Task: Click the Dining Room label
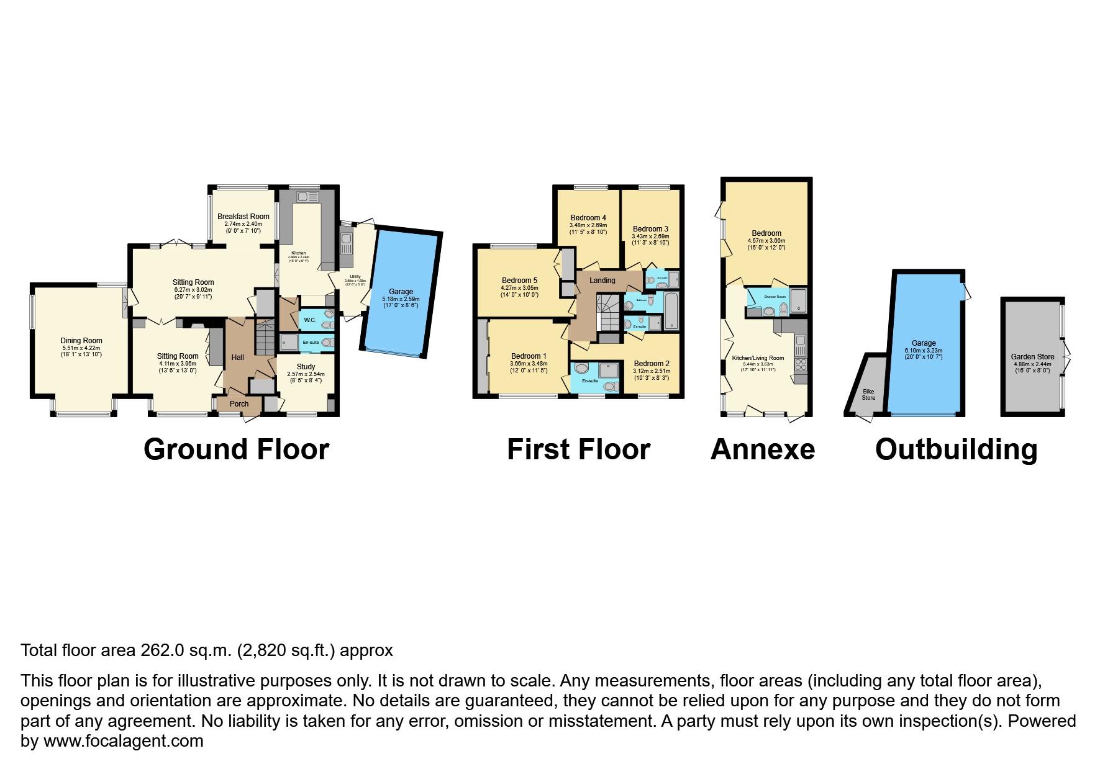click(x=81, y=340)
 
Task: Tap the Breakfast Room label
click(x=243, y=217)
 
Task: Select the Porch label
click(x=239, y=404)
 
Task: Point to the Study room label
click(x=306, y=367)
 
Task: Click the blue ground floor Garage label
click(x=401, y=292)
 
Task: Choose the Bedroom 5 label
click(x=519, y=281)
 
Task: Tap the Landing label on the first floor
click(x=602, y=281)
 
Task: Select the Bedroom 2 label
click(x=652, y=364)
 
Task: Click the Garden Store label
click(x=1032, y=357)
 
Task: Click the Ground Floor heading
click(x=236, y=449)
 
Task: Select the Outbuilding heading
click(x=956, y=449)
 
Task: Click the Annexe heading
click(x=762, y=449)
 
